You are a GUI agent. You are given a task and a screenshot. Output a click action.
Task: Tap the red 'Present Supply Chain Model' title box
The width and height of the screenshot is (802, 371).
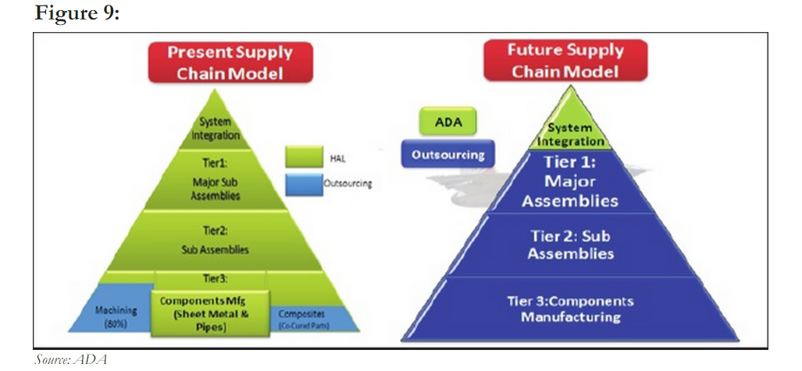tap(230, 63)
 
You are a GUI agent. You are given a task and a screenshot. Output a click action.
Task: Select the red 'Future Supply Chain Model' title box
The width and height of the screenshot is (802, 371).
tap(565, 60)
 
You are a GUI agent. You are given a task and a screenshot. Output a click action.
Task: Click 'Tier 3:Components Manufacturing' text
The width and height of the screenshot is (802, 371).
tap(572, 309)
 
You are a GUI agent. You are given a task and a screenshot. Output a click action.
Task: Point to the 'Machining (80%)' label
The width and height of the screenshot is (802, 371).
tap(116, 316)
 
